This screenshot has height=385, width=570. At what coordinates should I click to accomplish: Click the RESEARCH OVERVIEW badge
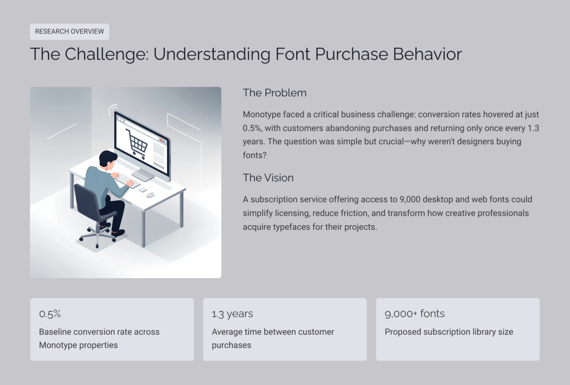pyautogui.click(x=70, y=32)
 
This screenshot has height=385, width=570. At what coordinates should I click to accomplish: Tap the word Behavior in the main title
pyautogui.click(x=427, y=54)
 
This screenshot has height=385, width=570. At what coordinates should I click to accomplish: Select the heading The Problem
pyautogui.click(x=274, y=93)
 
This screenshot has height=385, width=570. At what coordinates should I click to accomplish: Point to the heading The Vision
pyautogui.click(x=268, y=177)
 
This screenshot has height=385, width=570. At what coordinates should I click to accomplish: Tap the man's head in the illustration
pyautogui.click(x=108, y=160)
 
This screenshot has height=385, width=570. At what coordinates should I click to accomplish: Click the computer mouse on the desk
pyautogui.click(x=150, y=195)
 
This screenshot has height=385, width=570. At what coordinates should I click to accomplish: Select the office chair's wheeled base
pyautogui.click(x=97, y=236)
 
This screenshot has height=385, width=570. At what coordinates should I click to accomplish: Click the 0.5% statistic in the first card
pyautogui.click(x=50, y=314)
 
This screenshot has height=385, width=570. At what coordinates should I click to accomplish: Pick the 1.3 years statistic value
pyautogui.click(x=232, y=314)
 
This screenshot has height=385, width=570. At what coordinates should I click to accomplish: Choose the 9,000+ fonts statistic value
pyautogui.click(x=414, y=314)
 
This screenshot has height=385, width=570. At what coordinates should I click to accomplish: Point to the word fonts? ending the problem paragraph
pyautogui.click(x=254, y=155)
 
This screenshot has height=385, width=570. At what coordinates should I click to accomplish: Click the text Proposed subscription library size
pyautogui.click(x=449, y=332)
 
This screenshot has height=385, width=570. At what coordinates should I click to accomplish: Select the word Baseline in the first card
pyautogui.click(x=53, y=332)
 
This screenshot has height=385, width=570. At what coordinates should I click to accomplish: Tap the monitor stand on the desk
pyautogui.click(x=143, y=175)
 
